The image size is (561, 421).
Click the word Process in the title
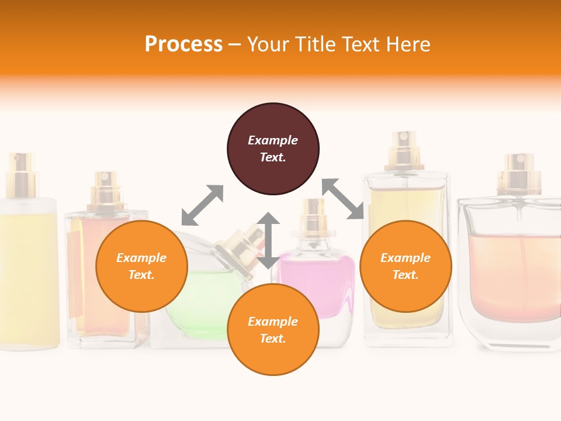click(x=183, y=44)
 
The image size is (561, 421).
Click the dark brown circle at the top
click(x=273, y=149)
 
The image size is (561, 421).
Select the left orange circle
click(x=141, y=266)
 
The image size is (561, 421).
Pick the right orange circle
click(x=406, y=266)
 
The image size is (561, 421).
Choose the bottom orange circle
click(x=273, y=330)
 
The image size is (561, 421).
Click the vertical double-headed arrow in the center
click(x=268, y=240)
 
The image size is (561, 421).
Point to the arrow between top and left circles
click(x=202, y=205)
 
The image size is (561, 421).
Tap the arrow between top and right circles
click(x=342, y=199)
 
